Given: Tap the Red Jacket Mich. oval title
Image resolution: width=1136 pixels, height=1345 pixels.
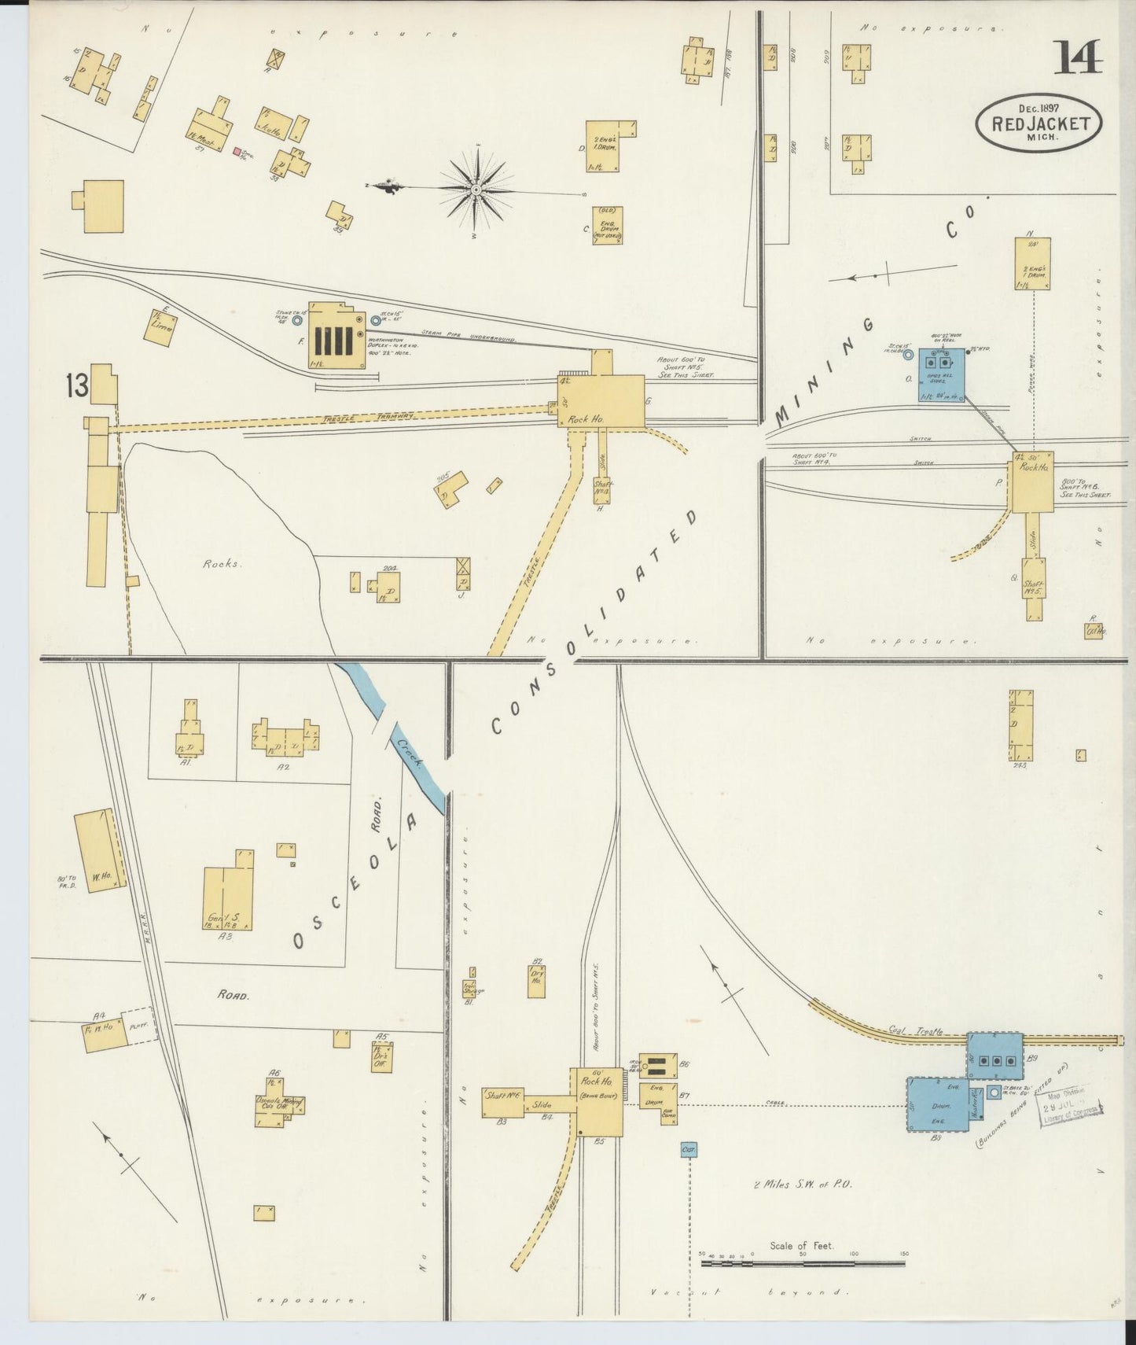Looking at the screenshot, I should (x=1039, y=123).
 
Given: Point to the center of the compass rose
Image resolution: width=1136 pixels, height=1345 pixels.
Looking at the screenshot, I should (x=476, y=189).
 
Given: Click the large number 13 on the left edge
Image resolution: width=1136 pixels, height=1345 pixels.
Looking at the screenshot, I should (x=77, y=386).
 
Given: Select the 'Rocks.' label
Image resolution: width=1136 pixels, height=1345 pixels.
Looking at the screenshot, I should (x=220, y=564).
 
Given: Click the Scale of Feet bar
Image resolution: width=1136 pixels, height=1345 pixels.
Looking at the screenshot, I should (x=802, y=1264).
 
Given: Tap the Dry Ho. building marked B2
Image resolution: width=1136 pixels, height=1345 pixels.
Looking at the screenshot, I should (x=537, y=980).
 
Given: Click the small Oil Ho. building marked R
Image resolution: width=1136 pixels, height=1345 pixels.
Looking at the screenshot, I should (x=1094, y=630).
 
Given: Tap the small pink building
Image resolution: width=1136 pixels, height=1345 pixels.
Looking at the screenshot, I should (x=237, y=151).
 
